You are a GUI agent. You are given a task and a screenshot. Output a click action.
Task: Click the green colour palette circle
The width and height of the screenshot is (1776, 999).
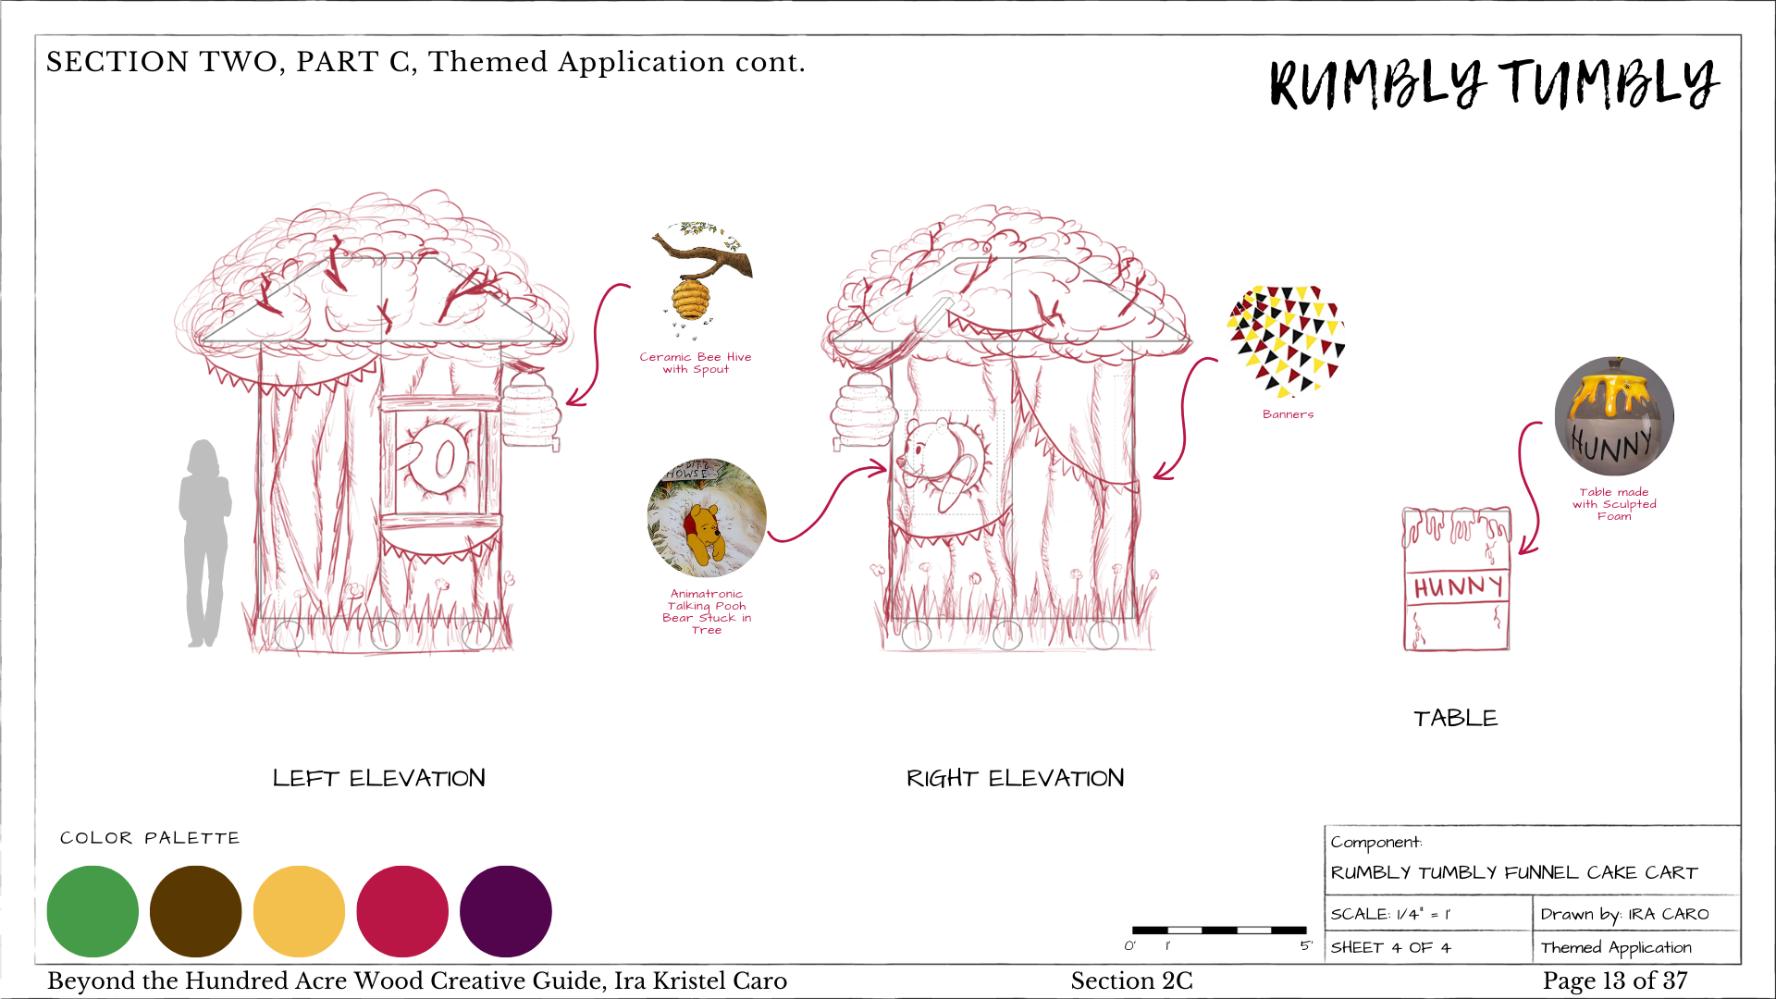(92, 911)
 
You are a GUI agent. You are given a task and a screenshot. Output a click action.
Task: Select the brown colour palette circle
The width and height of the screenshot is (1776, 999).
(195, 911)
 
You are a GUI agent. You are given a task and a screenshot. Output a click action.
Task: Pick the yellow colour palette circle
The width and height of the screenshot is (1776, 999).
(299, 911)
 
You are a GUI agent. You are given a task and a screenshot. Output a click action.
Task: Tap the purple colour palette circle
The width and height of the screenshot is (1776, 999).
(505, 911)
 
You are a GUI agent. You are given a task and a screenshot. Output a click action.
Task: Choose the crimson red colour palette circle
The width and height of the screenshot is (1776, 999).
(402, 911)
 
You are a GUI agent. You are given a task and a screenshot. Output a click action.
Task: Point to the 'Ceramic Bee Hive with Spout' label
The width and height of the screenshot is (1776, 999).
(696, 363)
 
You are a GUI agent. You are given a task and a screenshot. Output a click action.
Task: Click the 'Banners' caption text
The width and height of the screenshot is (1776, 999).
(1288, 414)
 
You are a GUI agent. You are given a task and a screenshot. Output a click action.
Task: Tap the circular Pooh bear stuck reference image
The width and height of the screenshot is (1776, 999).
(707, 518)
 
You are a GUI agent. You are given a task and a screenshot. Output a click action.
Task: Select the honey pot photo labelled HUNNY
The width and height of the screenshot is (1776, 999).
(1614, 416)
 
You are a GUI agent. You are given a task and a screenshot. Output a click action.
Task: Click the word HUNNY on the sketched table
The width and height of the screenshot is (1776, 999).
(1457, 586)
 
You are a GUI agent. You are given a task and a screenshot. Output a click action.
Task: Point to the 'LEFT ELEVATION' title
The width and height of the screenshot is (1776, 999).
(378, 778)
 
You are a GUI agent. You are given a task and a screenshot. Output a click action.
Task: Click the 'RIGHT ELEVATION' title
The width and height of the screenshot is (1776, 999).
(1015, 778)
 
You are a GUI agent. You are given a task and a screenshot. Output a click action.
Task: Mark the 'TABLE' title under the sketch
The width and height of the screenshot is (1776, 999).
(1455, 718)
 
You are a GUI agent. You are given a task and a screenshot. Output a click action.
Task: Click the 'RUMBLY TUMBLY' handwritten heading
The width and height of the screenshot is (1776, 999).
(1493, 83)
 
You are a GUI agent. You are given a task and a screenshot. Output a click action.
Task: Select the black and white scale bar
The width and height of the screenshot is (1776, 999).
(1219, 930)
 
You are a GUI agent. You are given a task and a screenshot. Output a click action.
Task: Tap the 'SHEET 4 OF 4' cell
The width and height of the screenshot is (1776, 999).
(1390, 947)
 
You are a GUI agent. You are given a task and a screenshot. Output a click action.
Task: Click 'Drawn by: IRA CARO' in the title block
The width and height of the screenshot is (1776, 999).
(1624, 914)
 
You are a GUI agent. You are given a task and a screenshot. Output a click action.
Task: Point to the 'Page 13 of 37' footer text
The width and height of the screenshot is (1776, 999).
(1614, 980)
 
